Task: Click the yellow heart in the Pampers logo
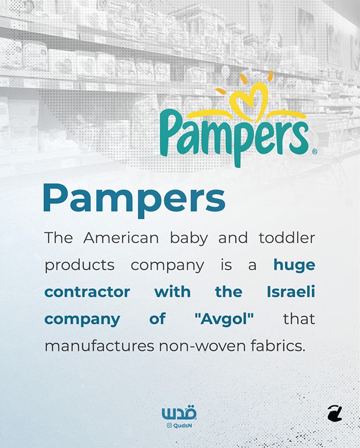249,99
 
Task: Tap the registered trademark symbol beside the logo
314,151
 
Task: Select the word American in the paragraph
121,238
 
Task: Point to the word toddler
287,238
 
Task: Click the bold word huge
294,265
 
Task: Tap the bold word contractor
87,292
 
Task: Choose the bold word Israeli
291,291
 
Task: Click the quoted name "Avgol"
224,319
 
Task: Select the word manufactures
100,346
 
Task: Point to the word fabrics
278,346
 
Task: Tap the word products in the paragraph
79,265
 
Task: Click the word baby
189,238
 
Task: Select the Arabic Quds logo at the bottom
179,413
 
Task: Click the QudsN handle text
183,426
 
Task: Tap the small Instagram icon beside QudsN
169,426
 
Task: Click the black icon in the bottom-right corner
335,413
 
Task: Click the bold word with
172,292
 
